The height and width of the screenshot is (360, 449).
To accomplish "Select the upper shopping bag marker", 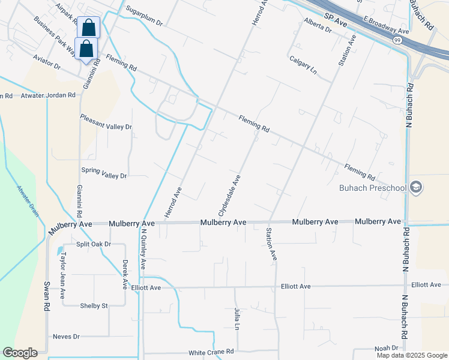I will [x=88, y=28].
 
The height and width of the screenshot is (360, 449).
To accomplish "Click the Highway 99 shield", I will [x=397, y=40].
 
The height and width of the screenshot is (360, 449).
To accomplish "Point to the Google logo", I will [x=20, y=353].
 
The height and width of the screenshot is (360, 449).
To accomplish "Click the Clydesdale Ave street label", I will [x=229, y=196].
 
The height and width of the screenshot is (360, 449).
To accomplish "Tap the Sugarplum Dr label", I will [x=145, y=17].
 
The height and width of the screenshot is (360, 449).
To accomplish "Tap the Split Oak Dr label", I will [x=94, y=244].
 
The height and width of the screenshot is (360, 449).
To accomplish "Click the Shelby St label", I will [x=94, y=305].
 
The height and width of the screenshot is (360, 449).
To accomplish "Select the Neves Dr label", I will [x=66, y=337].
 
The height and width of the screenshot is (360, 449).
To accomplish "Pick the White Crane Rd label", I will [x=211, y=352].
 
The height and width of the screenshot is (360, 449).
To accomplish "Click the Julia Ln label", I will [x=237, y=319].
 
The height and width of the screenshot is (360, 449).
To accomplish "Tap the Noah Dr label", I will [x=387, y=348].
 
